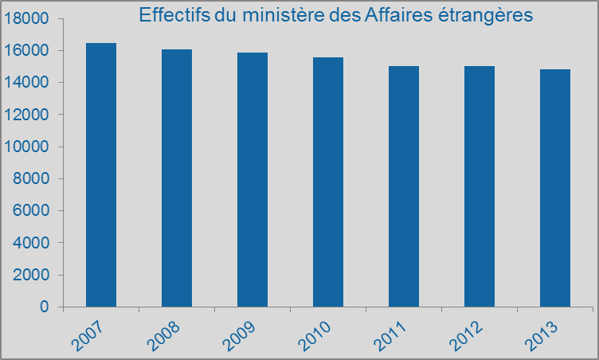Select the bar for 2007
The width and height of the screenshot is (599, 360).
coord(101,174)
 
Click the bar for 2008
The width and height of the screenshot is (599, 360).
coord(177,178)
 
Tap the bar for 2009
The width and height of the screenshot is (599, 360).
coord(253,179)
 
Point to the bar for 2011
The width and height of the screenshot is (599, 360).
coord(404,186)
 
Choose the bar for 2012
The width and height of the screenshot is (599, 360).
coord(480,186)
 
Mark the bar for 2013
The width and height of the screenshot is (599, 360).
coord(555,188)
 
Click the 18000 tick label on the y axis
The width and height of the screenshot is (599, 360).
coord(25,18)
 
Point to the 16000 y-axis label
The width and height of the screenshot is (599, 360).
coord(25,50)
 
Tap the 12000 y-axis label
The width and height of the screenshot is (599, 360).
coord(25,115)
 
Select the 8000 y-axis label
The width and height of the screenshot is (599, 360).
coord(29,178)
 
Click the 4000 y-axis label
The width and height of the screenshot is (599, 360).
coord(29,243)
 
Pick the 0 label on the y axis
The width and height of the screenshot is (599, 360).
coord(44,307)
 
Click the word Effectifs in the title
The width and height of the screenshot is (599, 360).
coord(170,15)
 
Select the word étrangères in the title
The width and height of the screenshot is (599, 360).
coord(476,16)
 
